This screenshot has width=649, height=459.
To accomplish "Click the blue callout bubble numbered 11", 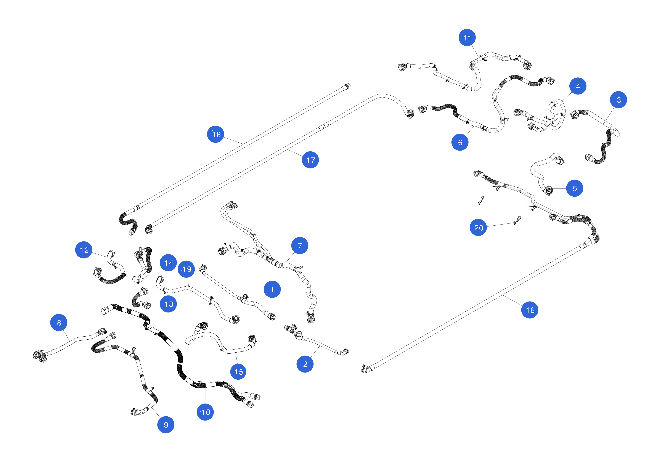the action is tap(467, 38).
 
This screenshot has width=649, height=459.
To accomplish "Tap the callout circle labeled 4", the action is tap(578, 86).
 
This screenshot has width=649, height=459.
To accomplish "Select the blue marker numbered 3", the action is tap(618, 100).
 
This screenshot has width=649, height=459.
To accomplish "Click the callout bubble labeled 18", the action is tap(216, 134).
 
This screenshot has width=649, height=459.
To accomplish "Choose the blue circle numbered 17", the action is tap(310, 160).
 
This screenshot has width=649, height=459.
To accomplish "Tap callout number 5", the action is tap(575, 188).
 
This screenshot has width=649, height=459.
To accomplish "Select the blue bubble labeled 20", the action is tap(478, 227).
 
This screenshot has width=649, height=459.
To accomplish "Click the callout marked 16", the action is tap(530, 310).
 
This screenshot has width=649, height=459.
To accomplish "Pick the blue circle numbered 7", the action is tap(300, 246).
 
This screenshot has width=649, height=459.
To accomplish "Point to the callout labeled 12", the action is tap(84, 250).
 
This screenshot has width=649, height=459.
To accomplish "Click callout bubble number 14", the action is tap(169, 263).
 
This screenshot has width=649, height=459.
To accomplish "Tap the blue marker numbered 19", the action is tap(186, 269).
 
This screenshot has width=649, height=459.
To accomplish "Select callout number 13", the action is tap(169, 304).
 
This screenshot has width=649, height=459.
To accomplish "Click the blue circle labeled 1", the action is tap(272, 289).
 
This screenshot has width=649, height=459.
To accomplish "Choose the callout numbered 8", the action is tap(59, 323).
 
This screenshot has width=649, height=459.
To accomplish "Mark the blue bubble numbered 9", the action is tap(166, 425).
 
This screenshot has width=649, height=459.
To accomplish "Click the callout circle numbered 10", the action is tap(205, 412).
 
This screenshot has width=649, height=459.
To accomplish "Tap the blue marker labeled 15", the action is tap(238, 371).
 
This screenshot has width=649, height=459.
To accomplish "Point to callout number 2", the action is tap(305, 364).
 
